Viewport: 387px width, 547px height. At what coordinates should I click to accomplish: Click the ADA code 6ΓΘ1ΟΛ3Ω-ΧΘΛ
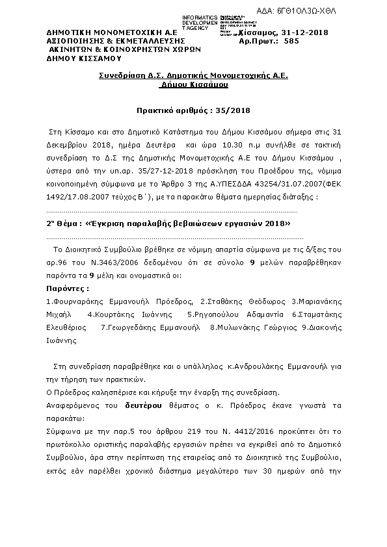[349, 11]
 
